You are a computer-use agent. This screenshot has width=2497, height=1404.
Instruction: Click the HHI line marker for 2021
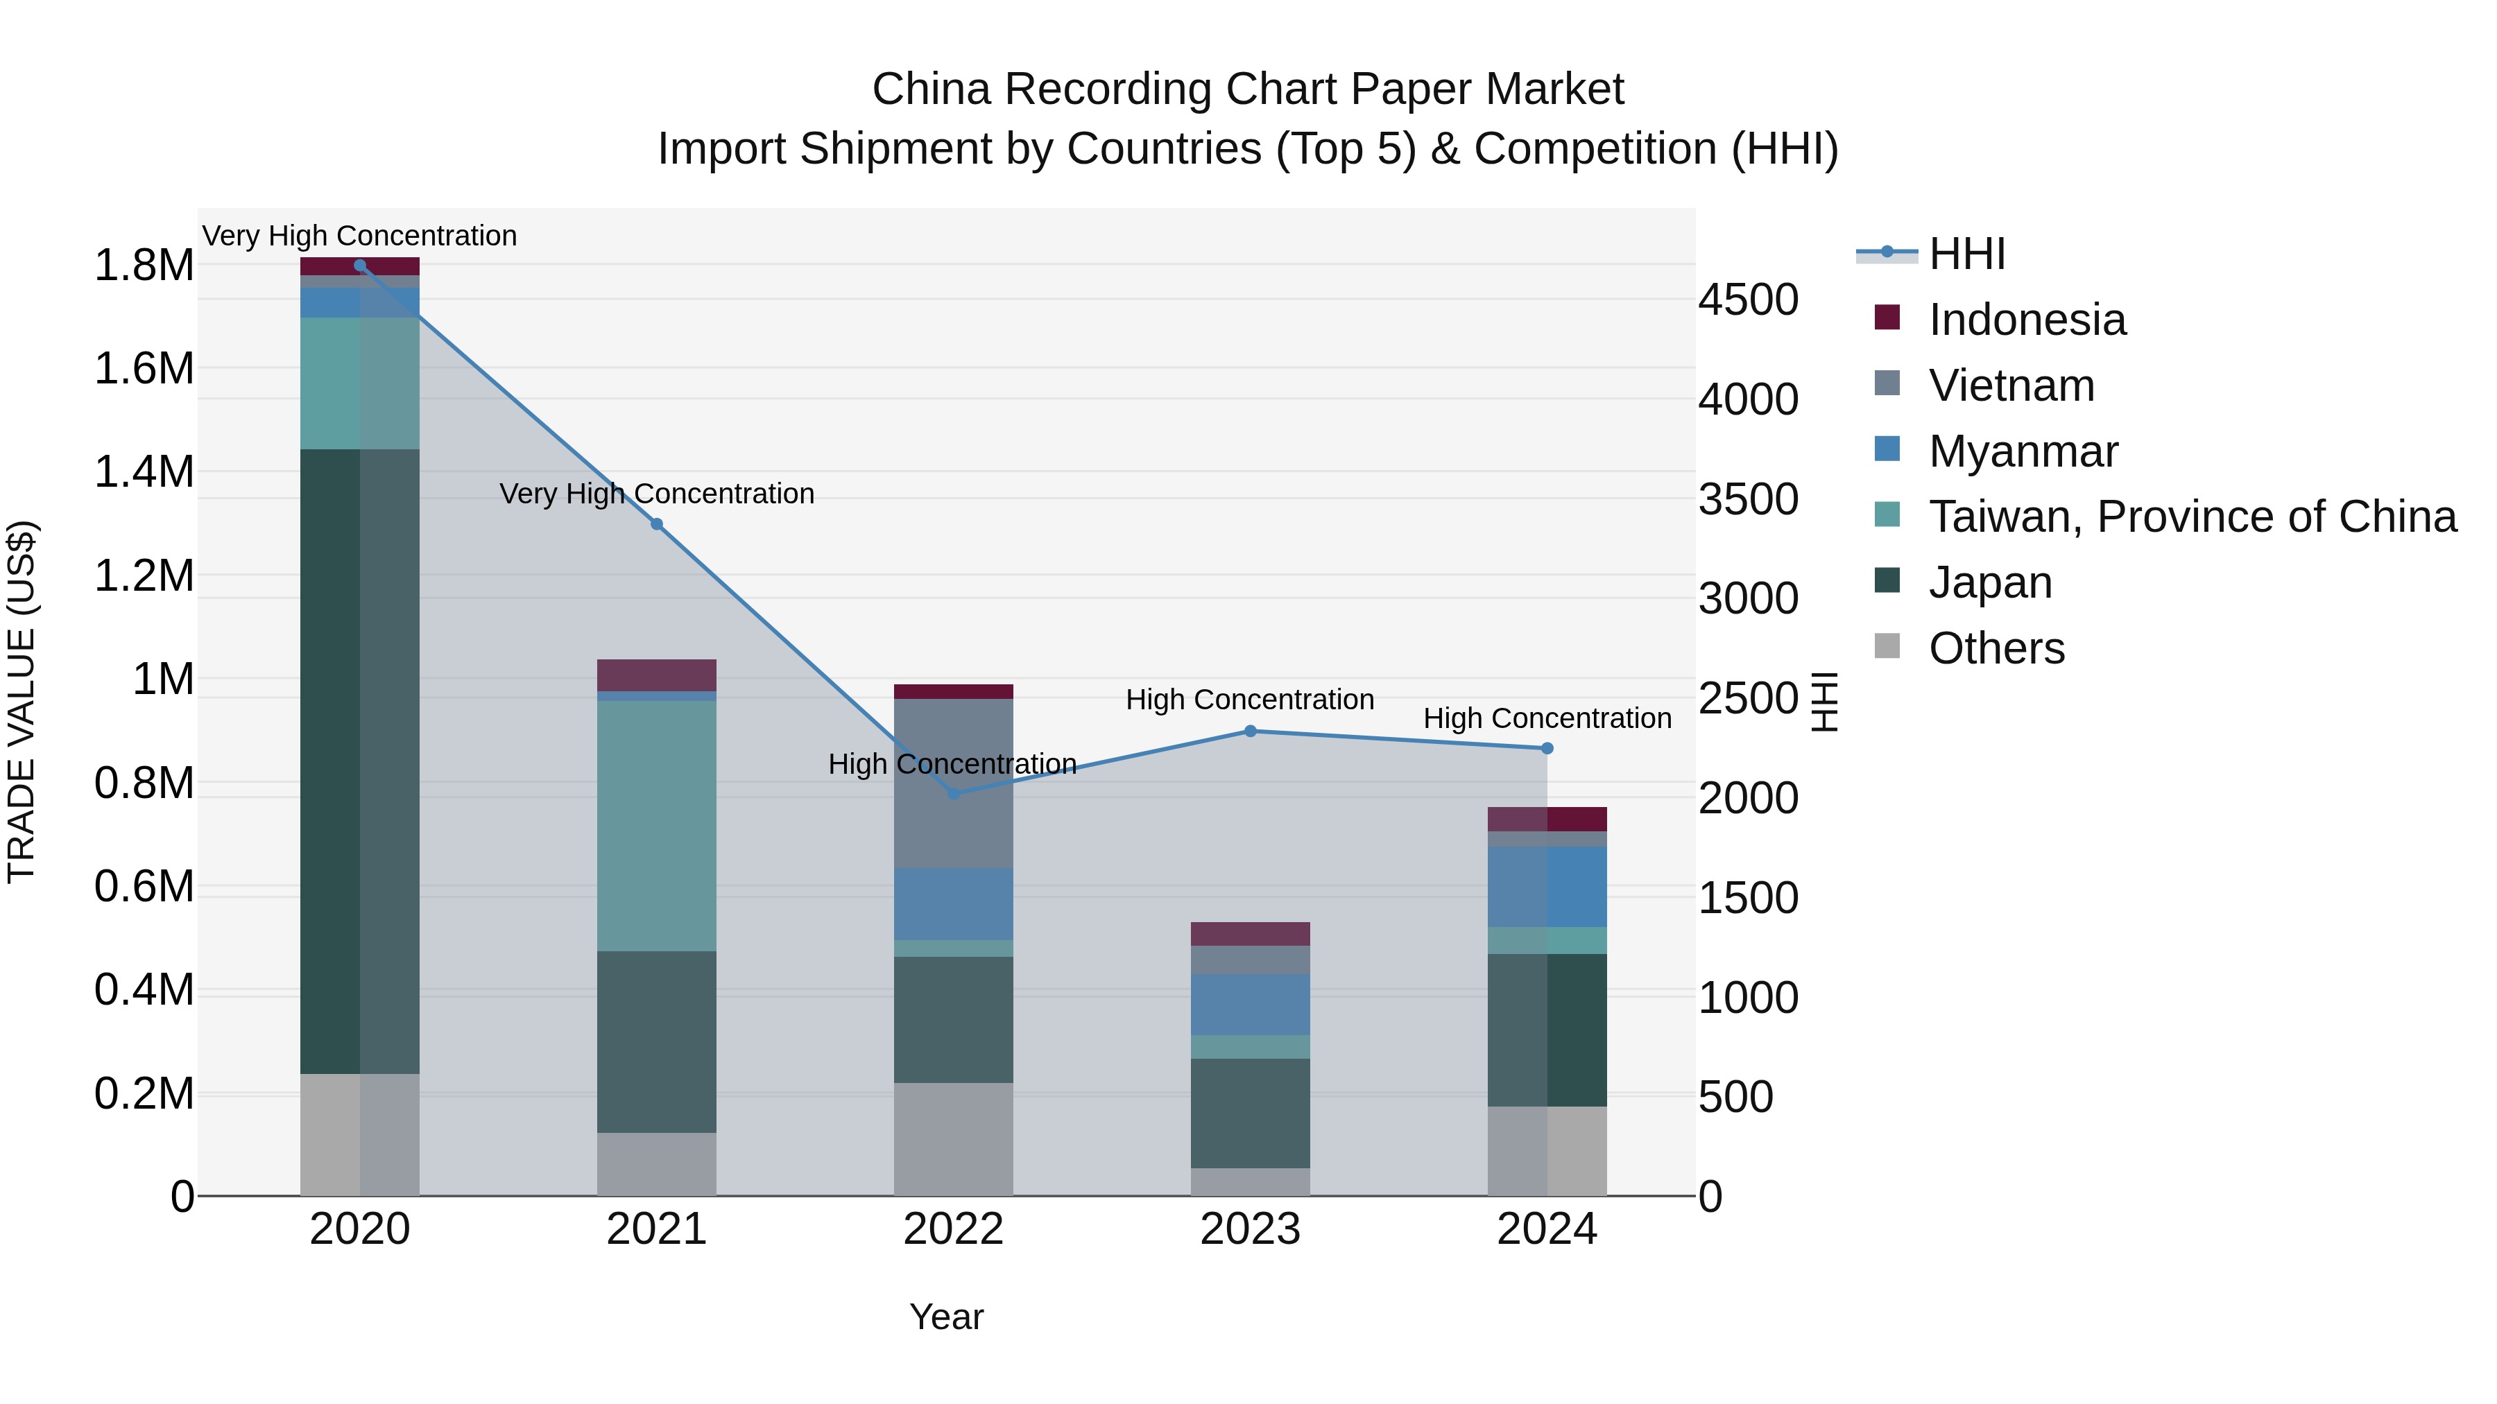click(x=656, y=524)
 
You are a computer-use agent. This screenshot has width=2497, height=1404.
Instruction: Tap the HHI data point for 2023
click(x=1249, y=731)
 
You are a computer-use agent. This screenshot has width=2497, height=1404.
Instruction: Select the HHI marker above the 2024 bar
click(x=1547, y=748)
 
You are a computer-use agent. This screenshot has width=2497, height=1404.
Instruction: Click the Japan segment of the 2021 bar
click(x=656, y=1041)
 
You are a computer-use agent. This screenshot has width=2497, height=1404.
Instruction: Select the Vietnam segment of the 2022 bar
click(x=953, y=783)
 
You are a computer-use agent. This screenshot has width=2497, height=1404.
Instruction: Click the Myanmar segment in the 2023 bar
click(x=1249, y=1004)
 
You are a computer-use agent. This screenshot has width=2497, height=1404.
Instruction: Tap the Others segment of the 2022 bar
click(x=953, y=1138)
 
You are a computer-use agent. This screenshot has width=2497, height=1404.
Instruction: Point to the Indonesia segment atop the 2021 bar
click(x=656, y=675)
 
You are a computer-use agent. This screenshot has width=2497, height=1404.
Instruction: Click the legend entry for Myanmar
click(x=2023, y=451)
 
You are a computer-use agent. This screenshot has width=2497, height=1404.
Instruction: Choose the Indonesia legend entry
click(x=2027, y=320)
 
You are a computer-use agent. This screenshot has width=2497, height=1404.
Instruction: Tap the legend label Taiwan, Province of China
click(x=2193, y=517)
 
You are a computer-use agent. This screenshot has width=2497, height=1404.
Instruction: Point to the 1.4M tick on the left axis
click(x=144, y=472)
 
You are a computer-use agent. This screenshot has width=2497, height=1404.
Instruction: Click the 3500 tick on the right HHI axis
click(x=1748, y=499)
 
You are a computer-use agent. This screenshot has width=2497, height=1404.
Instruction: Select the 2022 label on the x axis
click(x=953, y=1229)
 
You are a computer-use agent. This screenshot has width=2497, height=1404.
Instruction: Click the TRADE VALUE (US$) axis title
click(x=22, y=702)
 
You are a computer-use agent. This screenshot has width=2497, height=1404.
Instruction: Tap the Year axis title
click(x=946, y=1317)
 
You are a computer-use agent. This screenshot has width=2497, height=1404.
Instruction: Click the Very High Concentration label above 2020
click(x=359, y=236)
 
